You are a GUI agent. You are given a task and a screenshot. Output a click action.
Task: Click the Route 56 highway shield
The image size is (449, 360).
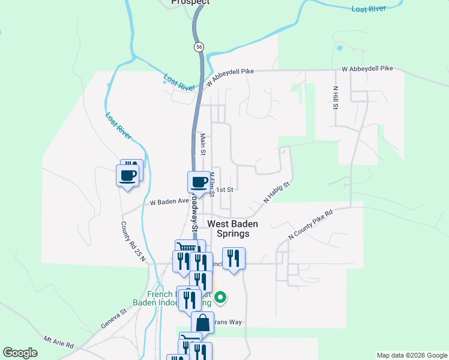[x=199, y=46]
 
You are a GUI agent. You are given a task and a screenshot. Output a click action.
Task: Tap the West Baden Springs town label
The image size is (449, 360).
[x=233, y=229]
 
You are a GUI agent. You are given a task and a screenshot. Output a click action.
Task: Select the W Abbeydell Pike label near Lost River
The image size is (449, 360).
[x=230, y=76]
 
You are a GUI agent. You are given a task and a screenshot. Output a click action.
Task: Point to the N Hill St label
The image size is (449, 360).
[x=336, y=98]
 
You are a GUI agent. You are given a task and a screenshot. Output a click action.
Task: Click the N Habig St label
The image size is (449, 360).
[x=277, y=192]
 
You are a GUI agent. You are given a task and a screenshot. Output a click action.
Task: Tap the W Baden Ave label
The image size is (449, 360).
[x=169, y=202]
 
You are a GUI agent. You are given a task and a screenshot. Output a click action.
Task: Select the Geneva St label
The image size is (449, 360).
[x=114, y=318]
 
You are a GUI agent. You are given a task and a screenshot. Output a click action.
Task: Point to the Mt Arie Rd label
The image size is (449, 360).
[x=58, y=343]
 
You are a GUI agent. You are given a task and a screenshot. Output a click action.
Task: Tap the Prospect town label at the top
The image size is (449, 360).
[x=190, y=2]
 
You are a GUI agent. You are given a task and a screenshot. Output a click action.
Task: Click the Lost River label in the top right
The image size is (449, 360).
[x=368, y=9]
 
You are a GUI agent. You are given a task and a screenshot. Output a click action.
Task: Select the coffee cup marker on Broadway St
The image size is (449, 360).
[x=199, y=182]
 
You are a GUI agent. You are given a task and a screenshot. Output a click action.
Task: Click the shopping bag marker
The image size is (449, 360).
[x=203, y=322]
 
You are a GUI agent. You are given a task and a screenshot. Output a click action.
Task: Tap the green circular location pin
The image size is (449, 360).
[x=220, y=296]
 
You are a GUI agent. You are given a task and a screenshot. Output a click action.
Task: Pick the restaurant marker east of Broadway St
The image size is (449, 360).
[x=234, y=259]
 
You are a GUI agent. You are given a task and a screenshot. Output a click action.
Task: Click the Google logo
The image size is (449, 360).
[x=20, y=353]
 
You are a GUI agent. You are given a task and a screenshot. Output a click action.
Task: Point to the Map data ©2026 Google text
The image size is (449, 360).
[x=411, y=355]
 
